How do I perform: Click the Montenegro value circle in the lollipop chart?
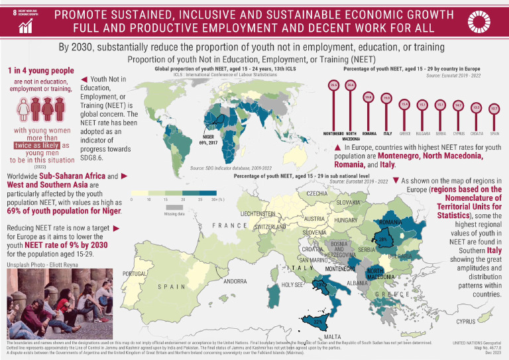click(x=334, y=85)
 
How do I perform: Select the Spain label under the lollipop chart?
click(x=494, y=134)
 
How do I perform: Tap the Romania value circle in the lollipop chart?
click(x=368, y=97)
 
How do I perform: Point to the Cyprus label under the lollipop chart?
click(x=458, y=134)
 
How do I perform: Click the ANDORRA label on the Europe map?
click(x=235, y=281)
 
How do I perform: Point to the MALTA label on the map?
click(x=333, y=336)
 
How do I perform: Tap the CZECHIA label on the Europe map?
click(x=320, y=193)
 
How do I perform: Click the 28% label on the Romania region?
click(x=382, y=240)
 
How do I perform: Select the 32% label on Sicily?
click(x=317, y=322)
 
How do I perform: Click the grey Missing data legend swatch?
click(x=174, y=208)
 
